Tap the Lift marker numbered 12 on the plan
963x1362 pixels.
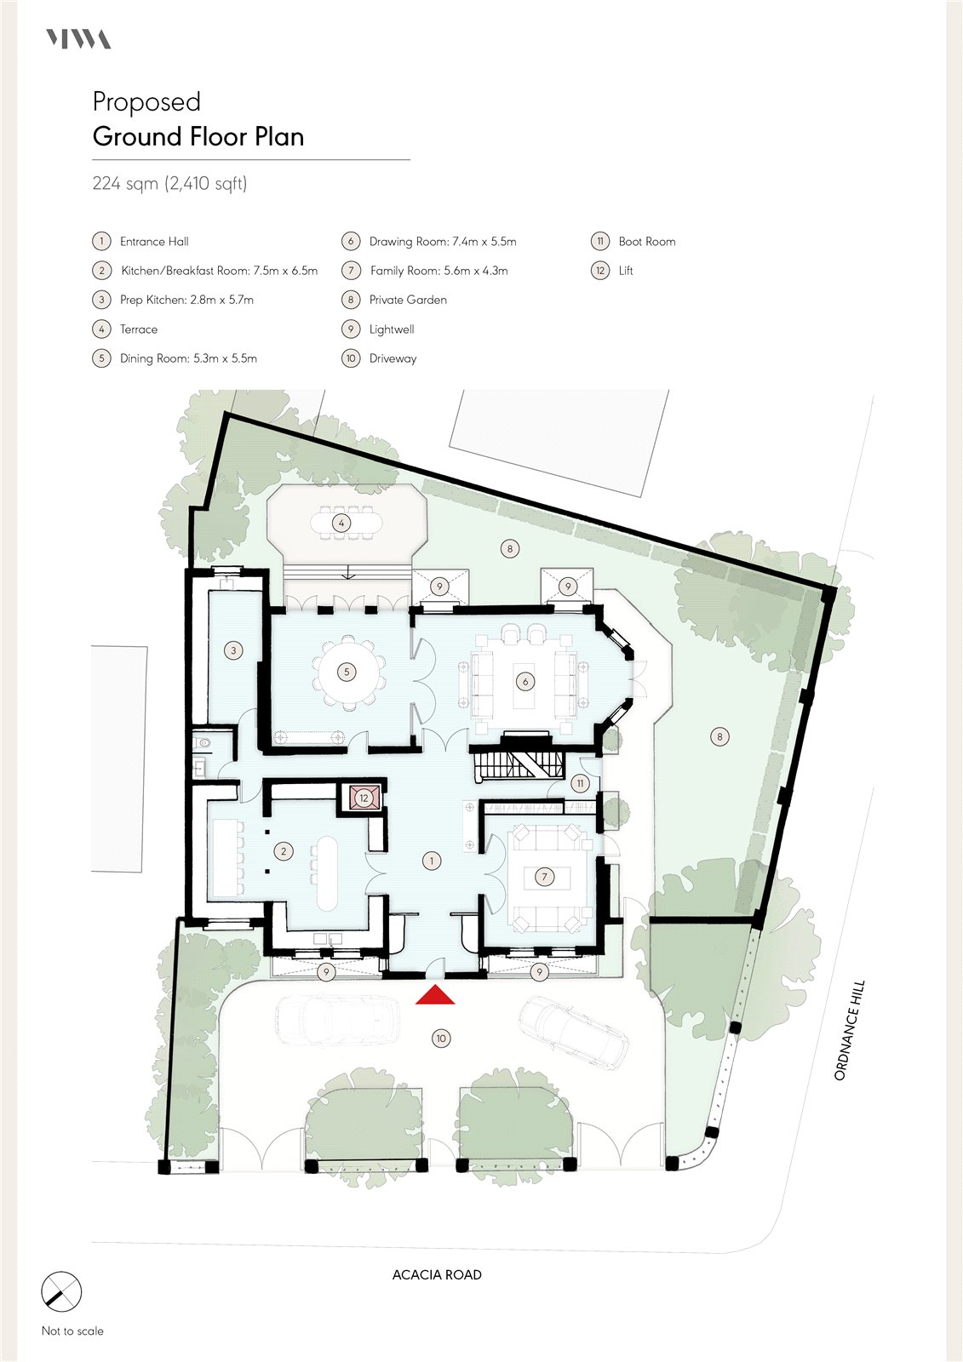pos(364,798)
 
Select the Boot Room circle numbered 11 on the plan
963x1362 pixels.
pos(581,783)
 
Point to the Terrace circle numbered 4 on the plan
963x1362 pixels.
pos(341,523)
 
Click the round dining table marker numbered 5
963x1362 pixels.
pos(347,672)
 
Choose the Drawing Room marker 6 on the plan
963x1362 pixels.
pos(525,682)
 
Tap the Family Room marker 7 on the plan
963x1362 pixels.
pos(544,876)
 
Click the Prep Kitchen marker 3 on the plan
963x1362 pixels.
pos(233,650)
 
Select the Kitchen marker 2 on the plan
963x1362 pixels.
pos(284,851)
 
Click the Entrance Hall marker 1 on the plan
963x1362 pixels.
pos(432,861)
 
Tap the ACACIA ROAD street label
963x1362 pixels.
pos(437,1273)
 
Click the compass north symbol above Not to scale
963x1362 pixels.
pos(60,1305)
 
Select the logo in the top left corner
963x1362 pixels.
pos(78,39)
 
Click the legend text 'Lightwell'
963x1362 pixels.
pos(392,329)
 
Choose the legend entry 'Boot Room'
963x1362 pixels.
pos(646,242)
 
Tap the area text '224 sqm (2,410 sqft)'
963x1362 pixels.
pos(169,183)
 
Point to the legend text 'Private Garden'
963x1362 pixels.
pos(408,300)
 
